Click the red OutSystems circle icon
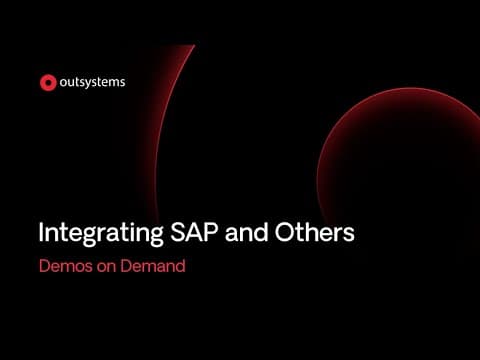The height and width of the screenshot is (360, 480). click(48, 82)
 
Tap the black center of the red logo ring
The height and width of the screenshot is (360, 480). click(48, 82)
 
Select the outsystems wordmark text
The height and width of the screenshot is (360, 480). click(92, 82)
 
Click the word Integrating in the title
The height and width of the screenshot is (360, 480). click(101, 234)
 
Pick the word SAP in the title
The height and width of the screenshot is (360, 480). click(194, 232)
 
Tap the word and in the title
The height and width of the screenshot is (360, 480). click(246, 232)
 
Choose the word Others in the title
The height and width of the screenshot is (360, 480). click(314, 232)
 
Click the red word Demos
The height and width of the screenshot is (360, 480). click(66, 266)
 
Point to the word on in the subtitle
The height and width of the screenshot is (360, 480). click(106, 268)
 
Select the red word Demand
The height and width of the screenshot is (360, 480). click(153, 266)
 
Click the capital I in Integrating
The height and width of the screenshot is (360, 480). click(41, 232)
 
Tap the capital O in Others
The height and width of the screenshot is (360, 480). click(285, 232)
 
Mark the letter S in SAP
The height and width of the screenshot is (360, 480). click(178, 232)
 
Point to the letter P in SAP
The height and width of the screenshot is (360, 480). click(210, 232)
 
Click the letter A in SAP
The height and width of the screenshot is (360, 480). click(195, 232)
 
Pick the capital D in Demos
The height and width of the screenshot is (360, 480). click(45, 266)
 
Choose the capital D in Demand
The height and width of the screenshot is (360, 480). click(126, 266)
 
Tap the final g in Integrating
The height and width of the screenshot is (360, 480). click(156, 236)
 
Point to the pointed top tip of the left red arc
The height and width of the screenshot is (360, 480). click(195, 45)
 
